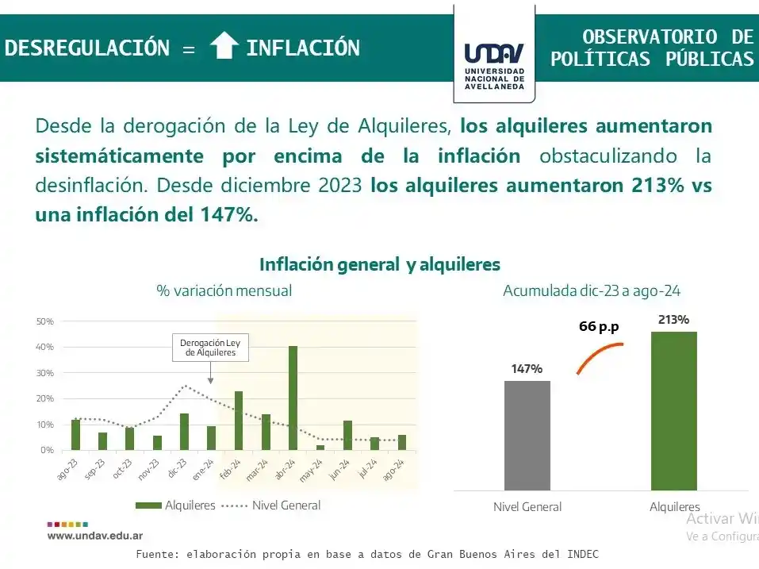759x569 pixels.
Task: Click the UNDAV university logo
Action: pos(493,63)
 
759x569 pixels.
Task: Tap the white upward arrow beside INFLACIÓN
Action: pos(224,46)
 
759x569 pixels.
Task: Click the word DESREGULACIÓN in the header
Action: pos(87,48)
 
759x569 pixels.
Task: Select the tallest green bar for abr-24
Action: pos(293,398)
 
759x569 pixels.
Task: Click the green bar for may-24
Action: pos(320,448)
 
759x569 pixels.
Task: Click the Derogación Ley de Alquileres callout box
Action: pos(210,348)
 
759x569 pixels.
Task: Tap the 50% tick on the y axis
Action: pos(44,321)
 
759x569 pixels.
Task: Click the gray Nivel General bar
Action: pos(527,435)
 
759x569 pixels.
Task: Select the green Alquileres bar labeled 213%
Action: pos(673,410)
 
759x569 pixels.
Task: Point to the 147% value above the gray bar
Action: pos(527,369)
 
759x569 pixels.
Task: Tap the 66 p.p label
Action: pos(599,327)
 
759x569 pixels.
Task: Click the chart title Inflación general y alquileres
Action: pos(380,264)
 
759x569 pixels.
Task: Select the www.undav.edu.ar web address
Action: pos(95,536)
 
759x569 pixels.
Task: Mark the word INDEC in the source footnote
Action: pos(581,554)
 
